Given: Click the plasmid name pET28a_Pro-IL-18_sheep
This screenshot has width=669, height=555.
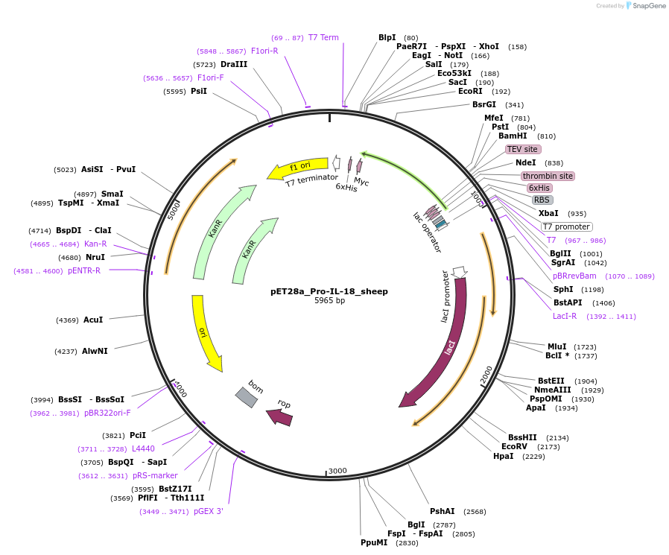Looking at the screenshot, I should pyautogui.click(x=329, y=291).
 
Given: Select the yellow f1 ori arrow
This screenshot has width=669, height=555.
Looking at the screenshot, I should pyautogui.click(x=298, y=168).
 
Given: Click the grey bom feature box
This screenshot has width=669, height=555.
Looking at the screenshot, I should pyautogui.click(x=247, y=397).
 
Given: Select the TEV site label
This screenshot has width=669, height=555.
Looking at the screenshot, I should pyautogui.click(x=522, y=149).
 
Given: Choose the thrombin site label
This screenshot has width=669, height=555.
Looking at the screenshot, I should pyautogui.click(x=548, y=176).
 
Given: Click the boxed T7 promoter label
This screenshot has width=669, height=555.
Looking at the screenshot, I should pyautogui.click(x=566, y=226).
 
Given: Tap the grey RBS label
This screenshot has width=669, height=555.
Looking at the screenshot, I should pyautogui.click(x=542, y=200).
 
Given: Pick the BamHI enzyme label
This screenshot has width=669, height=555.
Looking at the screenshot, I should pyautogui.click(x=513, y=136).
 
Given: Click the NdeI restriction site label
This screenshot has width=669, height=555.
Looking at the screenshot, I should pyautogui.click(x=525, y=162).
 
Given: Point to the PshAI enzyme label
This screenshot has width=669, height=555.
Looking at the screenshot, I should pyautogui.click(x=442, y=511).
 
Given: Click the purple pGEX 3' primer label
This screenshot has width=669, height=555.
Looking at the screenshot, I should pyautogui.click(x=209, y=511).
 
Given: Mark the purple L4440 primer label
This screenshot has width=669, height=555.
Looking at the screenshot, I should pyautogui.click(x=143, y=448).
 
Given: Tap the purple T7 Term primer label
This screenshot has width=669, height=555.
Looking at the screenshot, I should pyautogui.click(x=323, y=37).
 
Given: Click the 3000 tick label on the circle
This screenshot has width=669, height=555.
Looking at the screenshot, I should pyautogui.click(x=337, y=470).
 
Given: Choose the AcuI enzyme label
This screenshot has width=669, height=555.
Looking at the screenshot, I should pyautogui.click(x=93, y=320).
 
